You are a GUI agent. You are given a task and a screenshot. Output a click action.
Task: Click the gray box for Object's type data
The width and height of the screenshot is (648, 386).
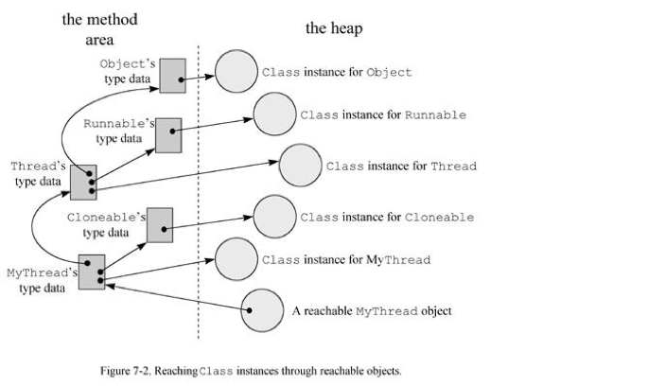tap(172, 75)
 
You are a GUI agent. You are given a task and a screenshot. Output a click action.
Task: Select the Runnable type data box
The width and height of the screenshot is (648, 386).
tap(167, 135)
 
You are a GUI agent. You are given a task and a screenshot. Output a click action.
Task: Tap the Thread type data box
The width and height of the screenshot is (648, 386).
tap(83, 181)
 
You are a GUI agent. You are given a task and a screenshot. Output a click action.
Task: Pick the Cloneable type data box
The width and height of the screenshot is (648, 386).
tap(160, 223)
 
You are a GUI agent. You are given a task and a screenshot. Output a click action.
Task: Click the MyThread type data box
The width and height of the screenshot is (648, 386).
tap(92, 272)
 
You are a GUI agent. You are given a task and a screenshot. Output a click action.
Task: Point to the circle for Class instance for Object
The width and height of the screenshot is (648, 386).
tap(236, 72)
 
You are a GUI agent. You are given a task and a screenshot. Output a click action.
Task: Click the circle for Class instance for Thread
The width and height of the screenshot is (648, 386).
tap(301, 167)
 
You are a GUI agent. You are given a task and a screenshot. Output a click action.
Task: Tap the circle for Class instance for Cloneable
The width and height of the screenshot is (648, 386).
tap(275, 217)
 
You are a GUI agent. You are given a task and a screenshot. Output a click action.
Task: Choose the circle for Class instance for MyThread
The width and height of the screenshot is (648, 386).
tap(236, 259)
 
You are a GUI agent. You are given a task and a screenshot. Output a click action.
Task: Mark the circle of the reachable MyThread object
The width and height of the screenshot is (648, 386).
tap(263, 310)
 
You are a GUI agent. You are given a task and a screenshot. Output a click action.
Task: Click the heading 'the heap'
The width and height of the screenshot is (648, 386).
tap(333, 29)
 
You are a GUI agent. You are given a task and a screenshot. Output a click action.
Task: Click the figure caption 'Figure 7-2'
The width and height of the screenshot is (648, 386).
tap(251, 370)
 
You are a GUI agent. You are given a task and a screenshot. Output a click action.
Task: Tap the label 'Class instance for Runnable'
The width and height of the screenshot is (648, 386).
tap(383, 115)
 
